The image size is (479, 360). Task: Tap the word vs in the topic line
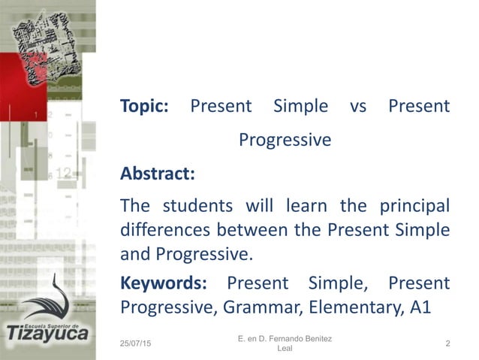[358, 107]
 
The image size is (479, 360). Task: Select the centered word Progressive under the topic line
[285, 141]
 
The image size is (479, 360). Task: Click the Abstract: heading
[158, 174]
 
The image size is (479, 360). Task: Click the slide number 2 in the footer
[447, 344]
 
